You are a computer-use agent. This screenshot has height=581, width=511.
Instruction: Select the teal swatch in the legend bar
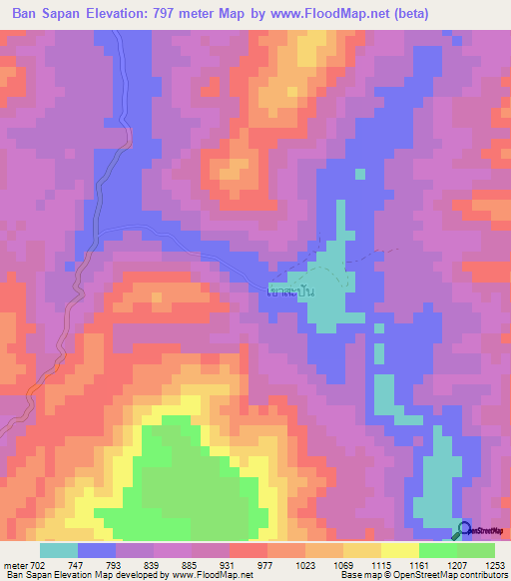(x=59, y=550)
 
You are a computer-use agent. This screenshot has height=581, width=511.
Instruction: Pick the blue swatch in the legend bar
(x=97, y=550)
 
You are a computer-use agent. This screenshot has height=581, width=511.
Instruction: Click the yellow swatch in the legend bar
(x=399, y=550)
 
